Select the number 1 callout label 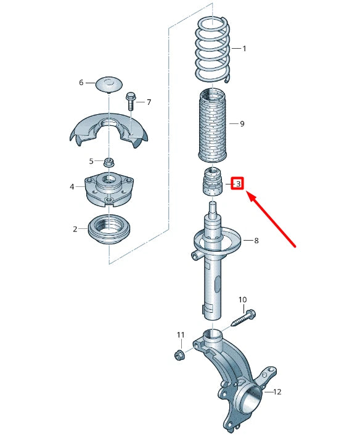click(244, 48)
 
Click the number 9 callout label click(242, 124)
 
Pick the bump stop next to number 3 click(211, 182)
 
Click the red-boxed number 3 click(238, 183)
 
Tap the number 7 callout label click(149, 102)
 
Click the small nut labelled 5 click(108, 162)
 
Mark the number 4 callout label click(72, 186)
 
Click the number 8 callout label click(256, 241)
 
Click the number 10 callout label click(242, 300)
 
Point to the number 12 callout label click(277, 391)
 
